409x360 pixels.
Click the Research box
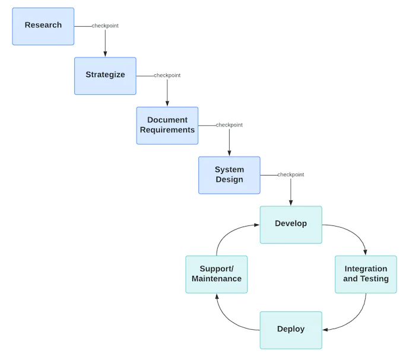pos(43,26)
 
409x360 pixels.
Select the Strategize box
pos(105,76)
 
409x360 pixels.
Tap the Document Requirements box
pos(167,125)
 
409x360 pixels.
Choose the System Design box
pos(229,175)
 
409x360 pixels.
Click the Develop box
pos(291,224)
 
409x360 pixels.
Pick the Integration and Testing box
pos(366,274)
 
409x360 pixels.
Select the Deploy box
pos(291,330)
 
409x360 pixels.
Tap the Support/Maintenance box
pos(217,274)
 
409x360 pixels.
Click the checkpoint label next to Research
pos(105,26)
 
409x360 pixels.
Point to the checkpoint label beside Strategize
pos(167,75)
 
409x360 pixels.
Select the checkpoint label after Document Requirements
pos(229,125)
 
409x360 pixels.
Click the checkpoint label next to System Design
pos(291,174)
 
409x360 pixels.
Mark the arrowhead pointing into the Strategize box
pos(105,54)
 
